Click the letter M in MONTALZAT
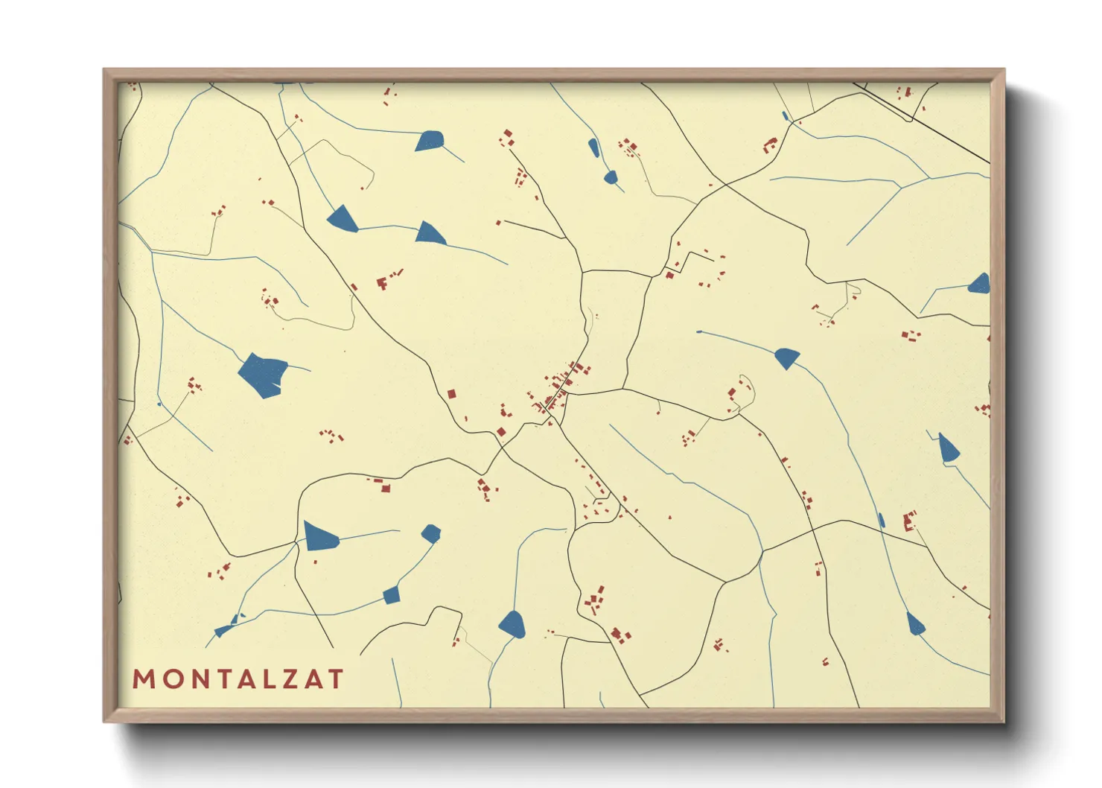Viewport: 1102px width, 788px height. coord(143,679)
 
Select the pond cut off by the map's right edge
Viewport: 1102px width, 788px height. coord(981,284)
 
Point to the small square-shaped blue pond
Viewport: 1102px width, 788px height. coord(392,594)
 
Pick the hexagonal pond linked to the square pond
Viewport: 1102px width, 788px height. coord(430,533)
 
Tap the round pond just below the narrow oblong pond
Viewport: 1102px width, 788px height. coord(611,177)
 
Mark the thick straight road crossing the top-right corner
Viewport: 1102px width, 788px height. coord(923,124)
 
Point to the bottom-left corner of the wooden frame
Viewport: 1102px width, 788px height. coord(105,720)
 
